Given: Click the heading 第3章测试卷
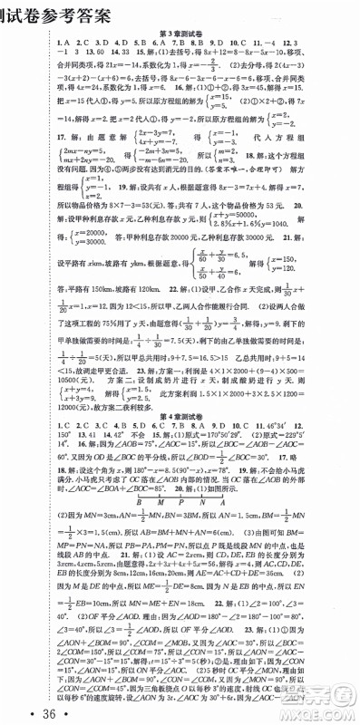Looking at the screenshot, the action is tap(182, 34).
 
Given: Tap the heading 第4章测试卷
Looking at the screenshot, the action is tap(182, 391).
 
